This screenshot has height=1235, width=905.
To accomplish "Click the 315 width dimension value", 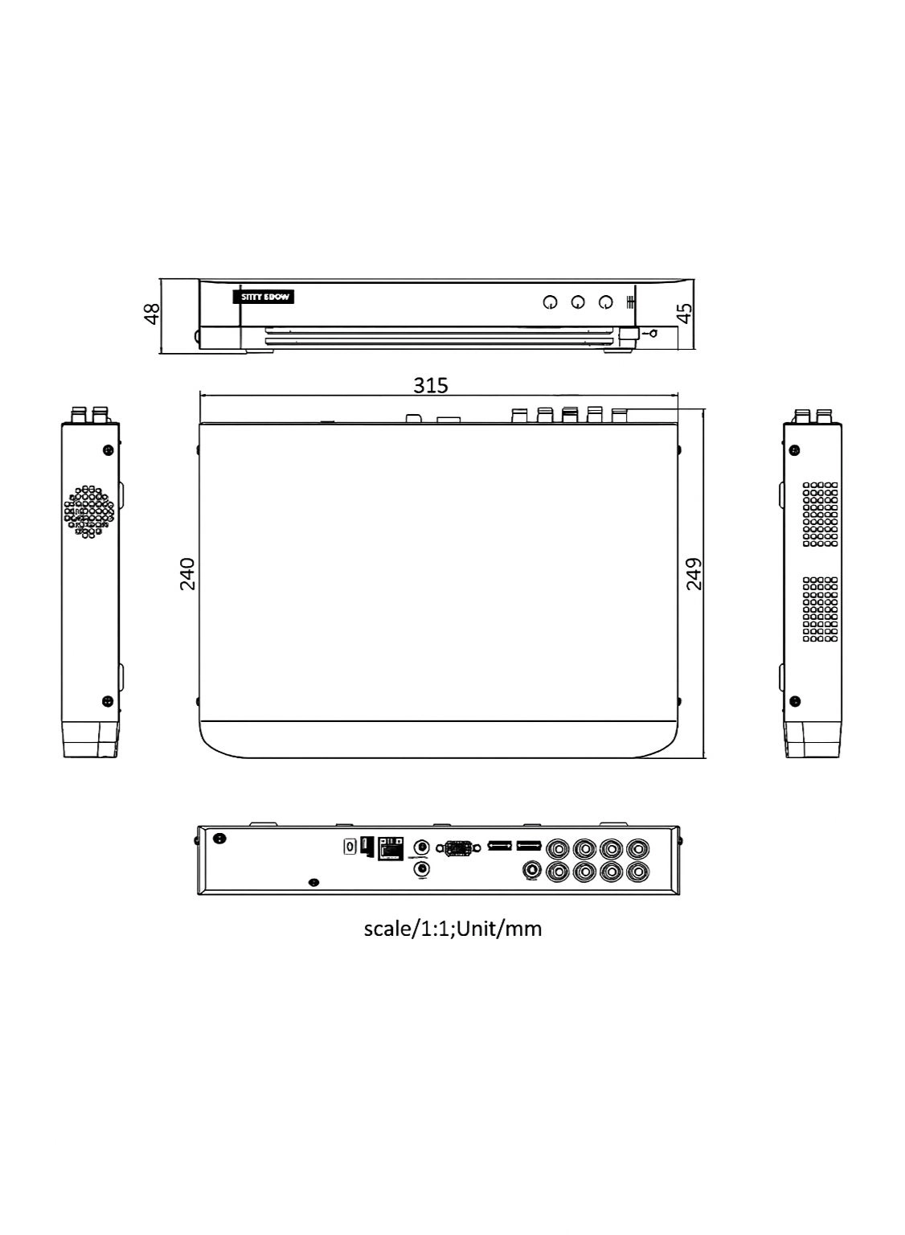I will pyautogui.click(x=431, y=385).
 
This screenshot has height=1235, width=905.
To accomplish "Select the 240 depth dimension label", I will pyautogui.click(x=187, y=573).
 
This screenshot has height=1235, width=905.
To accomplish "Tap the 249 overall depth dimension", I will pyautogui.click(x=694, y=574).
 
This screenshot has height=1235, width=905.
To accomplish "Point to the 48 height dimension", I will pyautogui.click(x=151, y=314).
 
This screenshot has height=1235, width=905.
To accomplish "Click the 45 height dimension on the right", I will pyautogui.click(x=686, y=313).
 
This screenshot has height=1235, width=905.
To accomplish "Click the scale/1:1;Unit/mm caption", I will pyautogui.click(x=452, y=929).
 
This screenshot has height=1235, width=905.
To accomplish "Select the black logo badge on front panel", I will pyautogui.click(x=268, y=297).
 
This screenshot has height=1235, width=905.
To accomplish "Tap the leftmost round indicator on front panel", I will pyautogui.click(x=550, y=303).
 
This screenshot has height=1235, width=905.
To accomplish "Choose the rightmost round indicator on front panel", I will pyautogui.click(x=606, y=302).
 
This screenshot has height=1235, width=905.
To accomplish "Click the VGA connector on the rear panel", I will pyautogui.click(x=458, y=847).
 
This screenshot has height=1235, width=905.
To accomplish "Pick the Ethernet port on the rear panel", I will pyautogui.click(x=391, y=847).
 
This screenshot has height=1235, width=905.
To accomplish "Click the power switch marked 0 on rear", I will pyautogui.click(x=350, y=847).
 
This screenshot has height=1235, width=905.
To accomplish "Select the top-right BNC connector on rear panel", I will pyautogui.click(x=638, y=848).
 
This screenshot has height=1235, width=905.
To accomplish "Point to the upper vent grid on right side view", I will pyautogui.click(x=820, y=515).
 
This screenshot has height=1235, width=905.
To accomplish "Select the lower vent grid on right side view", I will pyautogui.click(x=820, y=609).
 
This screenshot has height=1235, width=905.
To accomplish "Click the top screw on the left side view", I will pyautogui.click(x=108, y=450).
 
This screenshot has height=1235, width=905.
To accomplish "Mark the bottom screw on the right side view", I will pyautogui.click(x=795, y=701).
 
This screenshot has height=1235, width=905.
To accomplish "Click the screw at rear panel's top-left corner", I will pyautogui.click(x=218, y=839).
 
